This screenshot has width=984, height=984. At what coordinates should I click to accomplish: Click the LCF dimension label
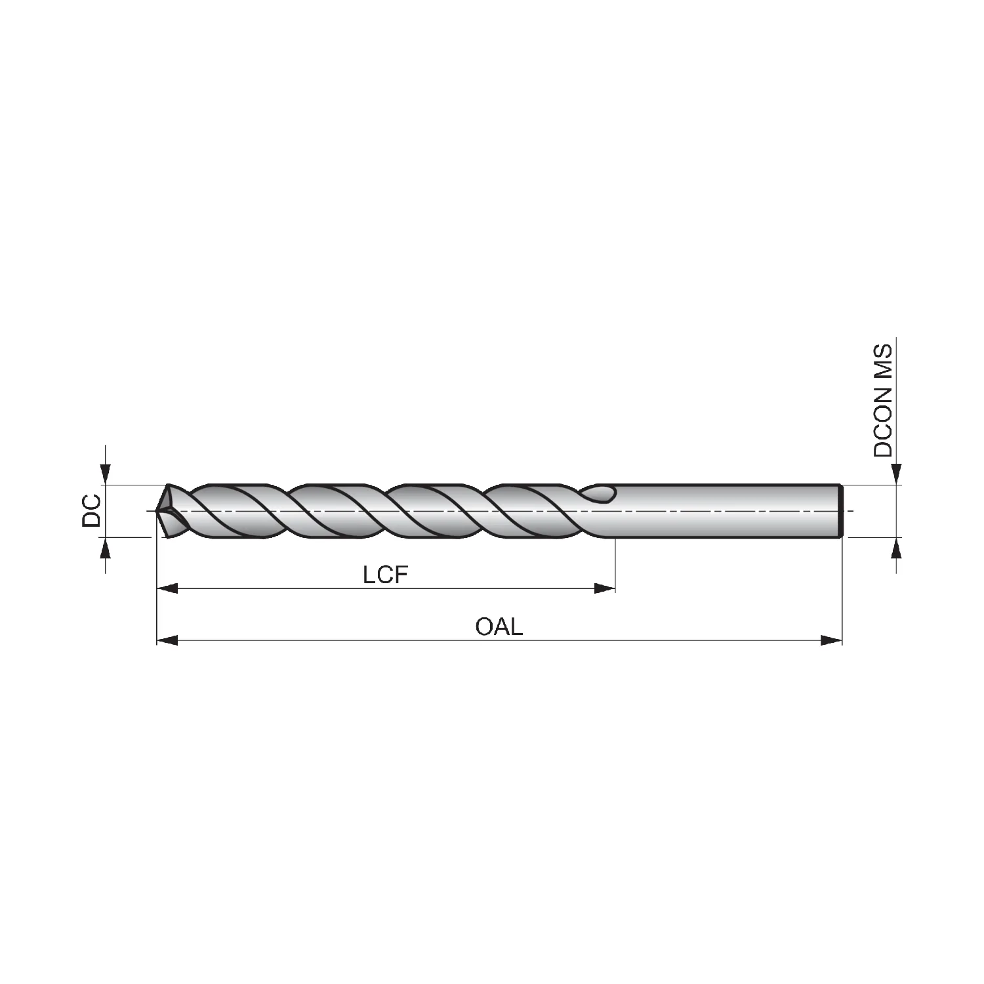[386, 575]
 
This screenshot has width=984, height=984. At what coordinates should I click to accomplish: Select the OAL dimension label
[499, 626]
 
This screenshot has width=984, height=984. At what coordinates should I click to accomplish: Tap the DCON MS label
[883, 400]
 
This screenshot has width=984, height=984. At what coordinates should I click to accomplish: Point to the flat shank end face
[841, 511]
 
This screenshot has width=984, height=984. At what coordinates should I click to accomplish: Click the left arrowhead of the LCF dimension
[167, 588]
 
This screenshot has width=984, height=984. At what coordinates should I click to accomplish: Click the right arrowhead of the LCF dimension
[605, 588]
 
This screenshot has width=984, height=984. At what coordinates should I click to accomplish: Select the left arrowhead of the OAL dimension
[167, 640]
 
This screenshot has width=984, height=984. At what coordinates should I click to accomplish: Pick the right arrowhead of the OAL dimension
[831, 640]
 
